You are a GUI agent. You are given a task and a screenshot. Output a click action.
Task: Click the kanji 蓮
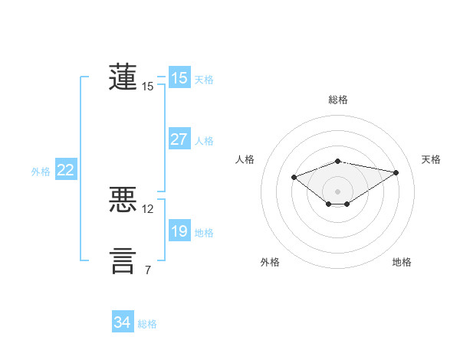(123, 77)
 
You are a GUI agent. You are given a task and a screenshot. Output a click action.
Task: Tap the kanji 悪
(123, 200)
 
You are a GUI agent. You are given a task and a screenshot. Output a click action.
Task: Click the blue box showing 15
(179, 78)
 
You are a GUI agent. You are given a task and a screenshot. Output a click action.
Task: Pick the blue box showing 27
(179, 139)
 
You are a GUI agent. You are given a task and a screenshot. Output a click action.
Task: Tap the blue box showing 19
(179, 231)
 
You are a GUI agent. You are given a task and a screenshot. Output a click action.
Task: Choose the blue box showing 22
(65, 170)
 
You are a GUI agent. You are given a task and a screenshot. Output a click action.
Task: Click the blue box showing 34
(122, 322)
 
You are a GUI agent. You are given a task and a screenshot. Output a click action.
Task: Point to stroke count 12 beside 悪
(148, 208)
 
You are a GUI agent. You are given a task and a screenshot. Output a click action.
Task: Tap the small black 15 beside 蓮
(148, 87)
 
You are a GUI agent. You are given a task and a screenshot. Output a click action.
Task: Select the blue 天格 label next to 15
(204, 79)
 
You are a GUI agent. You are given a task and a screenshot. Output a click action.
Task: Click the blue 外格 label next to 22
(41, 172)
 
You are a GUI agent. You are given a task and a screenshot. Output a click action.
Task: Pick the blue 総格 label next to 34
(147, 324)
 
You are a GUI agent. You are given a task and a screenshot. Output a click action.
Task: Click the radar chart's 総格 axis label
(337, 100)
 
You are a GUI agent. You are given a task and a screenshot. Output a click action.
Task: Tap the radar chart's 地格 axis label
(402, 262)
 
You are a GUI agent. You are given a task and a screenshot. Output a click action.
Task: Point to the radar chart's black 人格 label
(245, 159)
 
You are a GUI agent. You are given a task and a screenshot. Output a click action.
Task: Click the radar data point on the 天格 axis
(396, 172)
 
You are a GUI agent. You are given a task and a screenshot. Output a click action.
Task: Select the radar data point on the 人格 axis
(294, 177)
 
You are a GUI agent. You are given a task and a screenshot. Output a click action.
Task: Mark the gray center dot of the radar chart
(337, 191)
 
